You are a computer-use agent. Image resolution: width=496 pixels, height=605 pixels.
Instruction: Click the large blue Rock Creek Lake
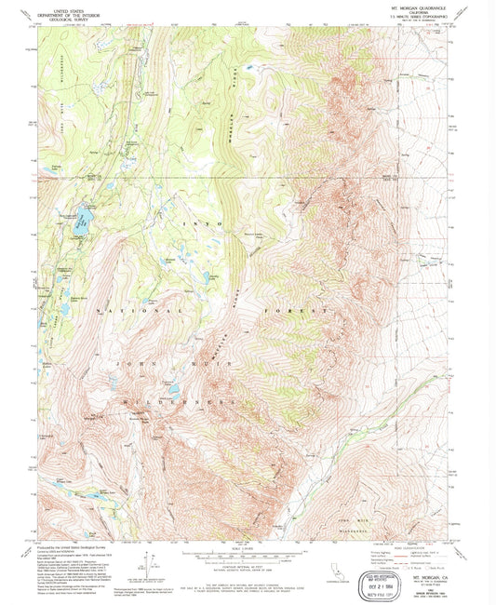tap(83, 221)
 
